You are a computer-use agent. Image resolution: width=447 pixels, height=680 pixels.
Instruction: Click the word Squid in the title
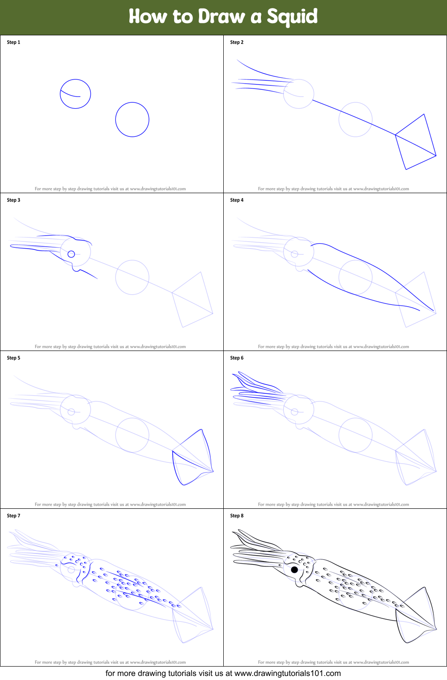(x=292, y=17)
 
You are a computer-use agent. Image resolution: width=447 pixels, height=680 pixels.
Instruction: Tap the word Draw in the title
(x=221, y=17)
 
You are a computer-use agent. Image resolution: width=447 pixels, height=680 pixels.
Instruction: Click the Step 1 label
(x=13, y=42)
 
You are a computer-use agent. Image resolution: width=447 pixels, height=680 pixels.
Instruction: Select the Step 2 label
(x=237, y=42)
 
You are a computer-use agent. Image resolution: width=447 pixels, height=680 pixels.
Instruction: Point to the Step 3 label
(x=13, y=200)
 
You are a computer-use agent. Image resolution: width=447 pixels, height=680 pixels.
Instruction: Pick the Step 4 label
(x=237, y=200)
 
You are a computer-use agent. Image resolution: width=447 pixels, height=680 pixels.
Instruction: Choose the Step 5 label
(x=13, y=358)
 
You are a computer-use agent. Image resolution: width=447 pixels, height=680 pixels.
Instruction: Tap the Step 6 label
(x=237, y=358)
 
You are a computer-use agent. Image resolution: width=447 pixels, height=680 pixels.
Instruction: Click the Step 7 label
(x=13, y=516)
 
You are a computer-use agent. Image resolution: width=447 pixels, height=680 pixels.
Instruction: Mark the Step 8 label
(x=237, y=516)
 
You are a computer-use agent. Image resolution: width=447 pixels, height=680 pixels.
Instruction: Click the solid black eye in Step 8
(x=294, y=570)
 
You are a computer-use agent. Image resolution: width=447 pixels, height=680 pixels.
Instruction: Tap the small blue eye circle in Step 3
(x=71, y=254)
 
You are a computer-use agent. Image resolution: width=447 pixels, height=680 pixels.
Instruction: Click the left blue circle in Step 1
(x=76, y=94)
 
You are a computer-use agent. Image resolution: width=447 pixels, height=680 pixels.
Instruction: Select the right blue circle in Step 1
(x=132, y=119)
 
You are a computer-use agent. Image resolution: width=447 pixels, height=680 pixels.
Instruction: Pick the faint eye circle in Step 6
(x=294, y=412)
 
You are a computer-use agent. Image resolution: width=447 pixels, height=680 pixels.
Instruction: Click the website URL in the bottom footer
(x=287, y=673)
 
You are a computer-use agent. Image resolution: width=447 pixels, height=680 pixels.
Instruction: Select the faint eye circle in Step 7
(x=71, y=570)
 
